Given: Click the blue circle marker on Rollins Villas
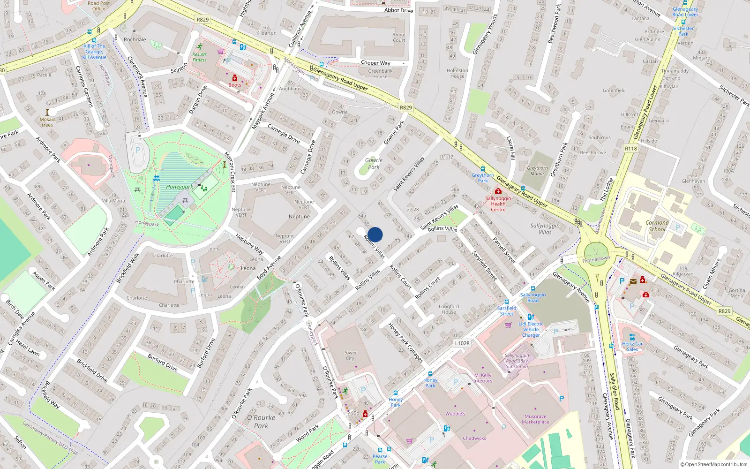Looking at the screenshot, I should pyautogui.click(x=375, y=234).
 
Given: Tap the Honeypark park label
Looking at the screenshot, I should pyautogui.click(x=179, y=187).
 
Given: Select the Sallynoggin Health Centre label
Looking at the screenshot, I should pyautogui.click(x=498, y=204).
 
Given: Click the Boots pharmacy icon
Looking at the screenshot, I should pyautogui.click(x=235, y=78).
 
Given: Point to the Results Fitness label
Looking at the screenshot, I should pyautogui.click(x=199, y=57).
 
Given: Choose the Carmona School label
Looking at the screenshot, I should pyautogui.click(x=657, y=226).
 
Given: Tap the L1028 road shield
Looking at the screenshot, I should pyautogui.click(x=462, y=343).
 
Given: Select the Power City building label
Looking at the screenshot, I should pyautogui.click(x=350, y=356).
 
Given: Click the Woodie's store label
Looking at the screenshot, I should pyautogui.click(x=455, y=414).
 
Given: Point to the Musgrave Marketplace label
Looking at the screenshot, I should pyautogui.click(x=535, y=419).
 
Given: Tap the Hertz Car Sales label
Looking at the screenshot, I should pyautogui.click(x=632, y=347).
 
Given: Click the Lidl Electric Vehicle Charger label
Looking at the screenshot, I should pyautogui.click(x=531, y=329).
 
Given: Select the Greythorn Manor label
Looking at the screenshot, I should pyautogui.click(x=537, y=171).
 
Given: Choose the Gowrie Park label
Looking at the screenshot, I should pyautogui.click(x=374, y=163).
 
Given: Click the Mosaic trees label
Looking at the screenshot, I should pyautogui.click(x=47, y=122).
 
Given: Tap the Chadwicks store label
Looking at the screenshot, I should pyautogui.click(x=474, y=439).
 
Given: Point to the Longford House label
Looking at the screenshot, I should pyautogui.click(x=449, y=309).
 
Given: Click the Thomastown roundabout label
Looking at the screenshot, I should pyautogui.click(x=596, y=259).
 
